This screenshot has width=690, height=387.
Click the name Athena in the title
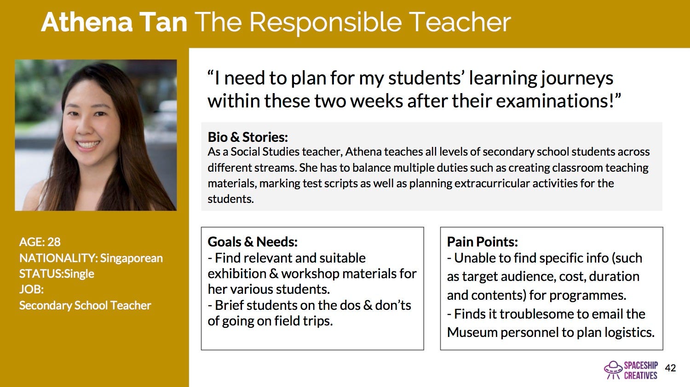(x=87, y=22)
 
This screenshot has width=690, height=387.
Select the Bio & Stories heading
(x=247, y=137)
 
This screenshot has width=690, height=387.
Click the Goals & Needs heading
(x=253, y=242)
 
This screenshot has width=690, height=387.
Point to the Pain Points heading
(x=483, y=242)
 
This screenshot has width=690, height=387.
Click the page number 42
(x=670, y=368)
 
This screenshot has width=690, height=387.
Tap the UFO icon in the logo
(x=613, y=370)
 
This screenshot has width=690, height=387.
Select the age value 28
(x=54, y=242)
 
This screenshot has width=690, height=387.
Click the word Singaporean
(x=131, y=258)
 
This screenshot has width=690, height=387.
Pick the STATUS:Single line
(x=57, y=274)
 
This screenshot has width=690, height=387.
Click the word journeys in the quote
(x=577, y=79)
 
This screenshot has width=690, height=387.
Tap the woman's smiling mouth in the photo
(x=88, y=144)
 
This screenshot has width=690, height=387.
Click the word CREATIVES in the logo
(x=641, y=376)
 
